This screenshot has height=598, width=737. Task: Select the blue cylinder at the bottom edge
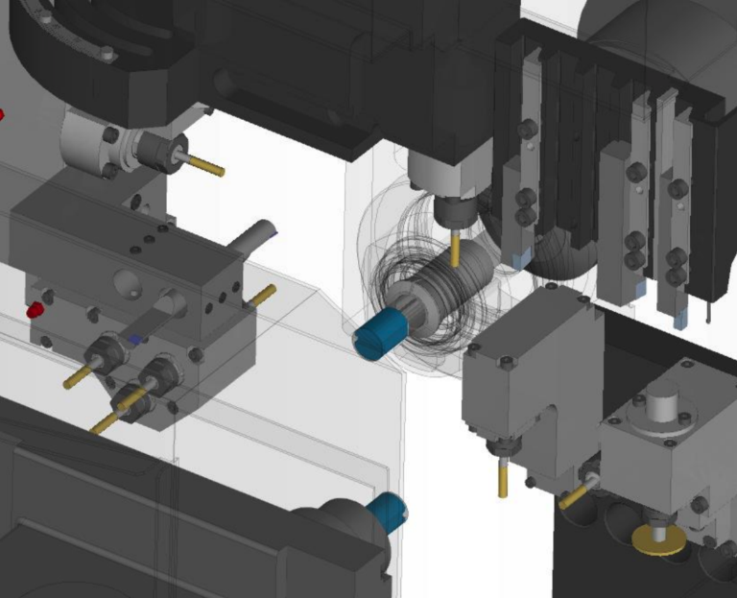pos(388,510)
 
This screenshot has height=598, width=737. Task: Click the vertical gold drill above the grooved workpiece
pos(455,248)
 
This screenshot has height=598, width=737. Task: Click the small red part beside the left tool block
pos(36,309)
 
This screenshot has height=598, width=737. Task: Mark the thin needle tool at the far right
pos(707,309)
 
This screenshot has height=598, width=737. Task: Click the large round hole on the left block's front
pos(127,283)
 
